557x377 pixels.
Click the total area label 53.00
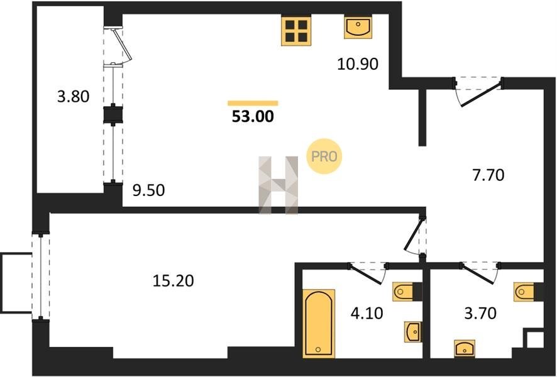[x=253, y=116]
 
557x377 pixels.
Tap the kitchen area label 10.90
[x=357, y=64]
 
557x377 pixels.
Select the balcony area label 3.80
[x=73, y=97]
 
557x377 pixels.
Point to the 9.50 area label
[x=148, y=190]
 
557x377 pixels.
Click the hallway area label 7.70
[x=488, y=175]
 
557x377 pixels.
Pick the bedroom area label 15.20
[x=174, y=281]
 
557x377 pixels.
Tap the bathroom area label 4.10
[x=367, y=314]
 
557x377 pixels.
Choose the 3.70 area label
[x=480, y=314]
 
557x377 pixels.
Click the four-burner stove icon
[x=296, y=31]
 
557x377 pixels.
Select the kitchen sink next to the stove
[x=358, y=28]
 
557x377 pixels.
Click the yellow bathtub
[x=319, y=324]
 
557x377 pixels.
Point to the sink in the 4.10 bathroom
[x=413, y=332]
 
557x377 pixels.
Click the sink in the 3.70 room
[x=465, y=348]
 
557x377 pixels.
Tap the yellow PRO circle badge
[x=324, y=156]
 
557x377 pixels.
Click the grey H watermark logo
[x=278, y=185]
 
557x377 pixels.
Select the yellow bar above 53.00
[x=253, y=103]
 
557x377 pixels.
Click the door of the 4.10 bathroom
[x=368, y=272]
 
